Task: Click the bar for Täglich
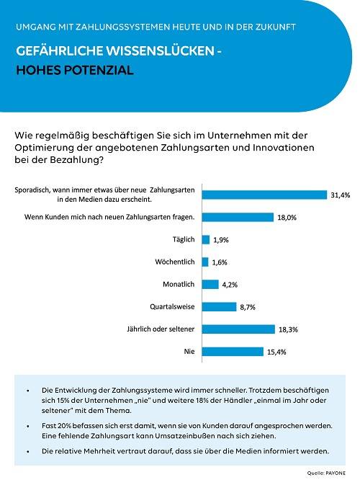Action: (x=206, y=240)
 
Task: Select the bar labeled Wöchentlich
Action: (x=205, y=262)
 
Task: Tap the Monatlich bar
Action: (x=210, y=285)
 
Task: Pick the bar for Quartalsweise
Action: (x=220, y=307)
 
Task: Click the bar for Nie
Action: (x=233, y=352)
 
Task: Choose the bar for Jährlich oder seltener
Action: (x=238, y=329)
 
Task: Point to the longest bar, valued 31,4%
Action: (x=264, y=195)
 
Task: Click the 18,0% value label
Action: (x=287, y=218)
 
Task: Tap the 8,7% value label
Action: (x=248, y=307)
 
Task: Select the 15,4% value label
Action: (x=276, y=352)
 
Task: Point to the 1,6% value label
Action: (x=220, y=262)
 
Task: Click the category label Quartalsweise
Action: (x=172, y=307)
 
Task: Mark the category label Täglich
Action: (x=184, y=239)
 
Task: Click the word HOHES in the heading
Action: (x=38, y=70)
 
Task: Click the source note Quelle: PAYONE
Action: (x=326, y=474)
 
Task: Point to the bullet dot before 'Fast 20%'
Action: (x=28, y=427)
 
